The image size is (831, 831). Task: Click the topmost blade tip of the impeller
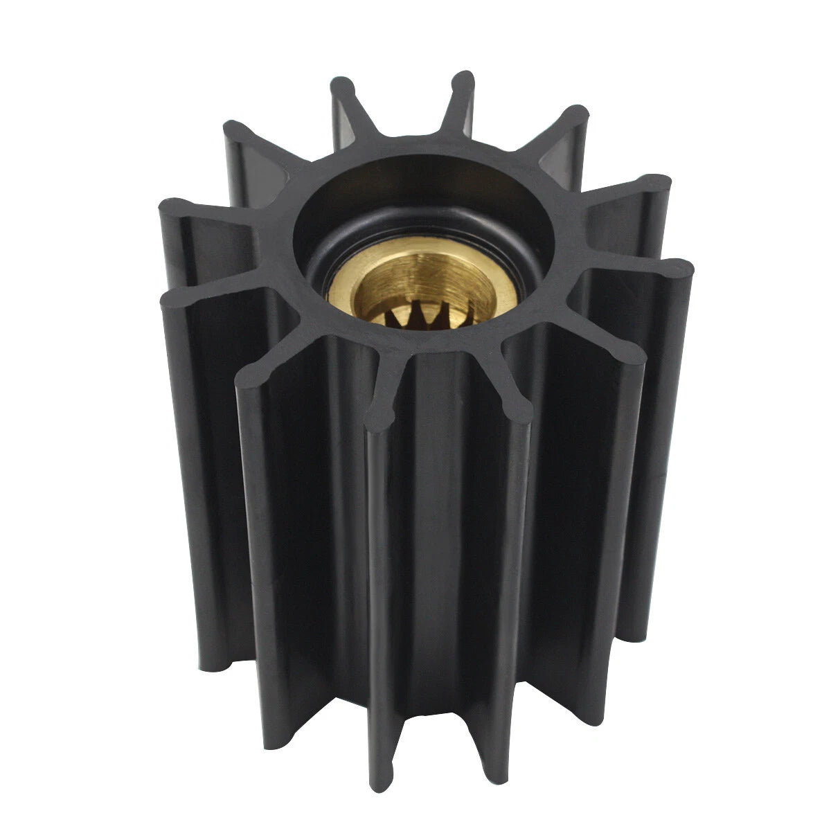463,82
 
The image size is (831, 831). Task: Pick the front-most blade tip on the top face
379,415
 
